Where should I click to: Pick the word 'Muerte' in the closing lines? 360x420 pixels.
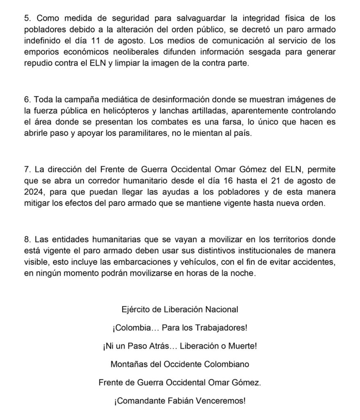(243, 346)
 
